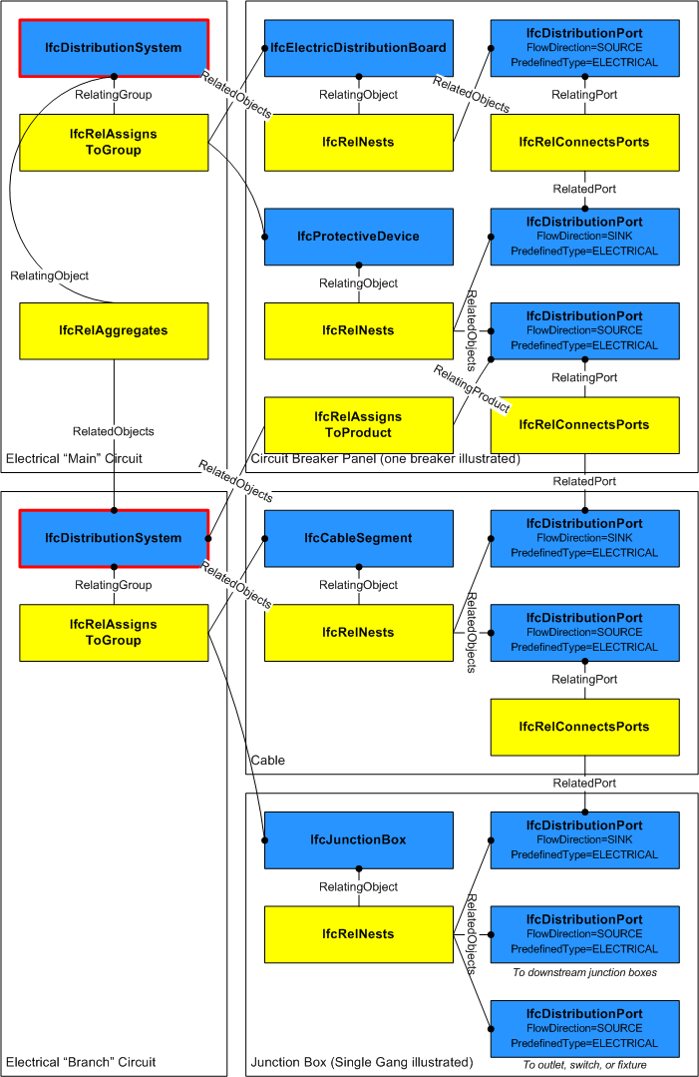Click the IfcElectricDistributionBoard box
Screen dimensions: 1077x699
coord(358,48)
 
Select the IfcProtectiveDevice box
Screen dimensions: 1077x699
coord(358,237)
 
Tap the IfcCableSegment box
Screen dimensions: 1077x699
coord(358,538)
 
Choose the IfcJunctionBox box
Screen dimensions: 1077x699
coord(358,839)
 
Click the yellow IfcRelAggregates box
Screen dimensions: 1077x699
coord(114,330)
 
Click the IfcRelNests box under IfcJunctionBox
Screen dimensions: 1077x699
coord(358,934)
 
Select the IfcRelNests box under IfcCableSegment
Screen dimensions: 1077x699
coord(358,632)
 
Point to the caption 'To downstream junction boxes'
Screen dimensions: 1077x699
coord(584,972)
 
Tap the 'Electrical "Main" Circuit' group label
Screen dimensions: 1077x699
coord(75,459)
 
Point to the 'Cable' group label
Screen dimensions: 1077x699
coord(268,761)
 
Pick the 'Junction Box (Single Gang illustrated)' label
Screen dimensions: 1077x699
coord(362,1062)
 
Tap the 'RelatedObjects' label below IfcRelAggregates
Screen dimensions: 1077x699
coord(114,432)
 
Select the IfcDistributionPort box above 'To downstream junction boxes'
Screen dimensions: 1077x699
coord(584,934)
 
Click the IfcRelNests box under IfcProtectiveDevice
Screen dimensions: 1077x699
coord(358,330)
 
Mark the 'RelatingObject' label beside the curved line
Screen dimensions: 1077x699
coord(49,275)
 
